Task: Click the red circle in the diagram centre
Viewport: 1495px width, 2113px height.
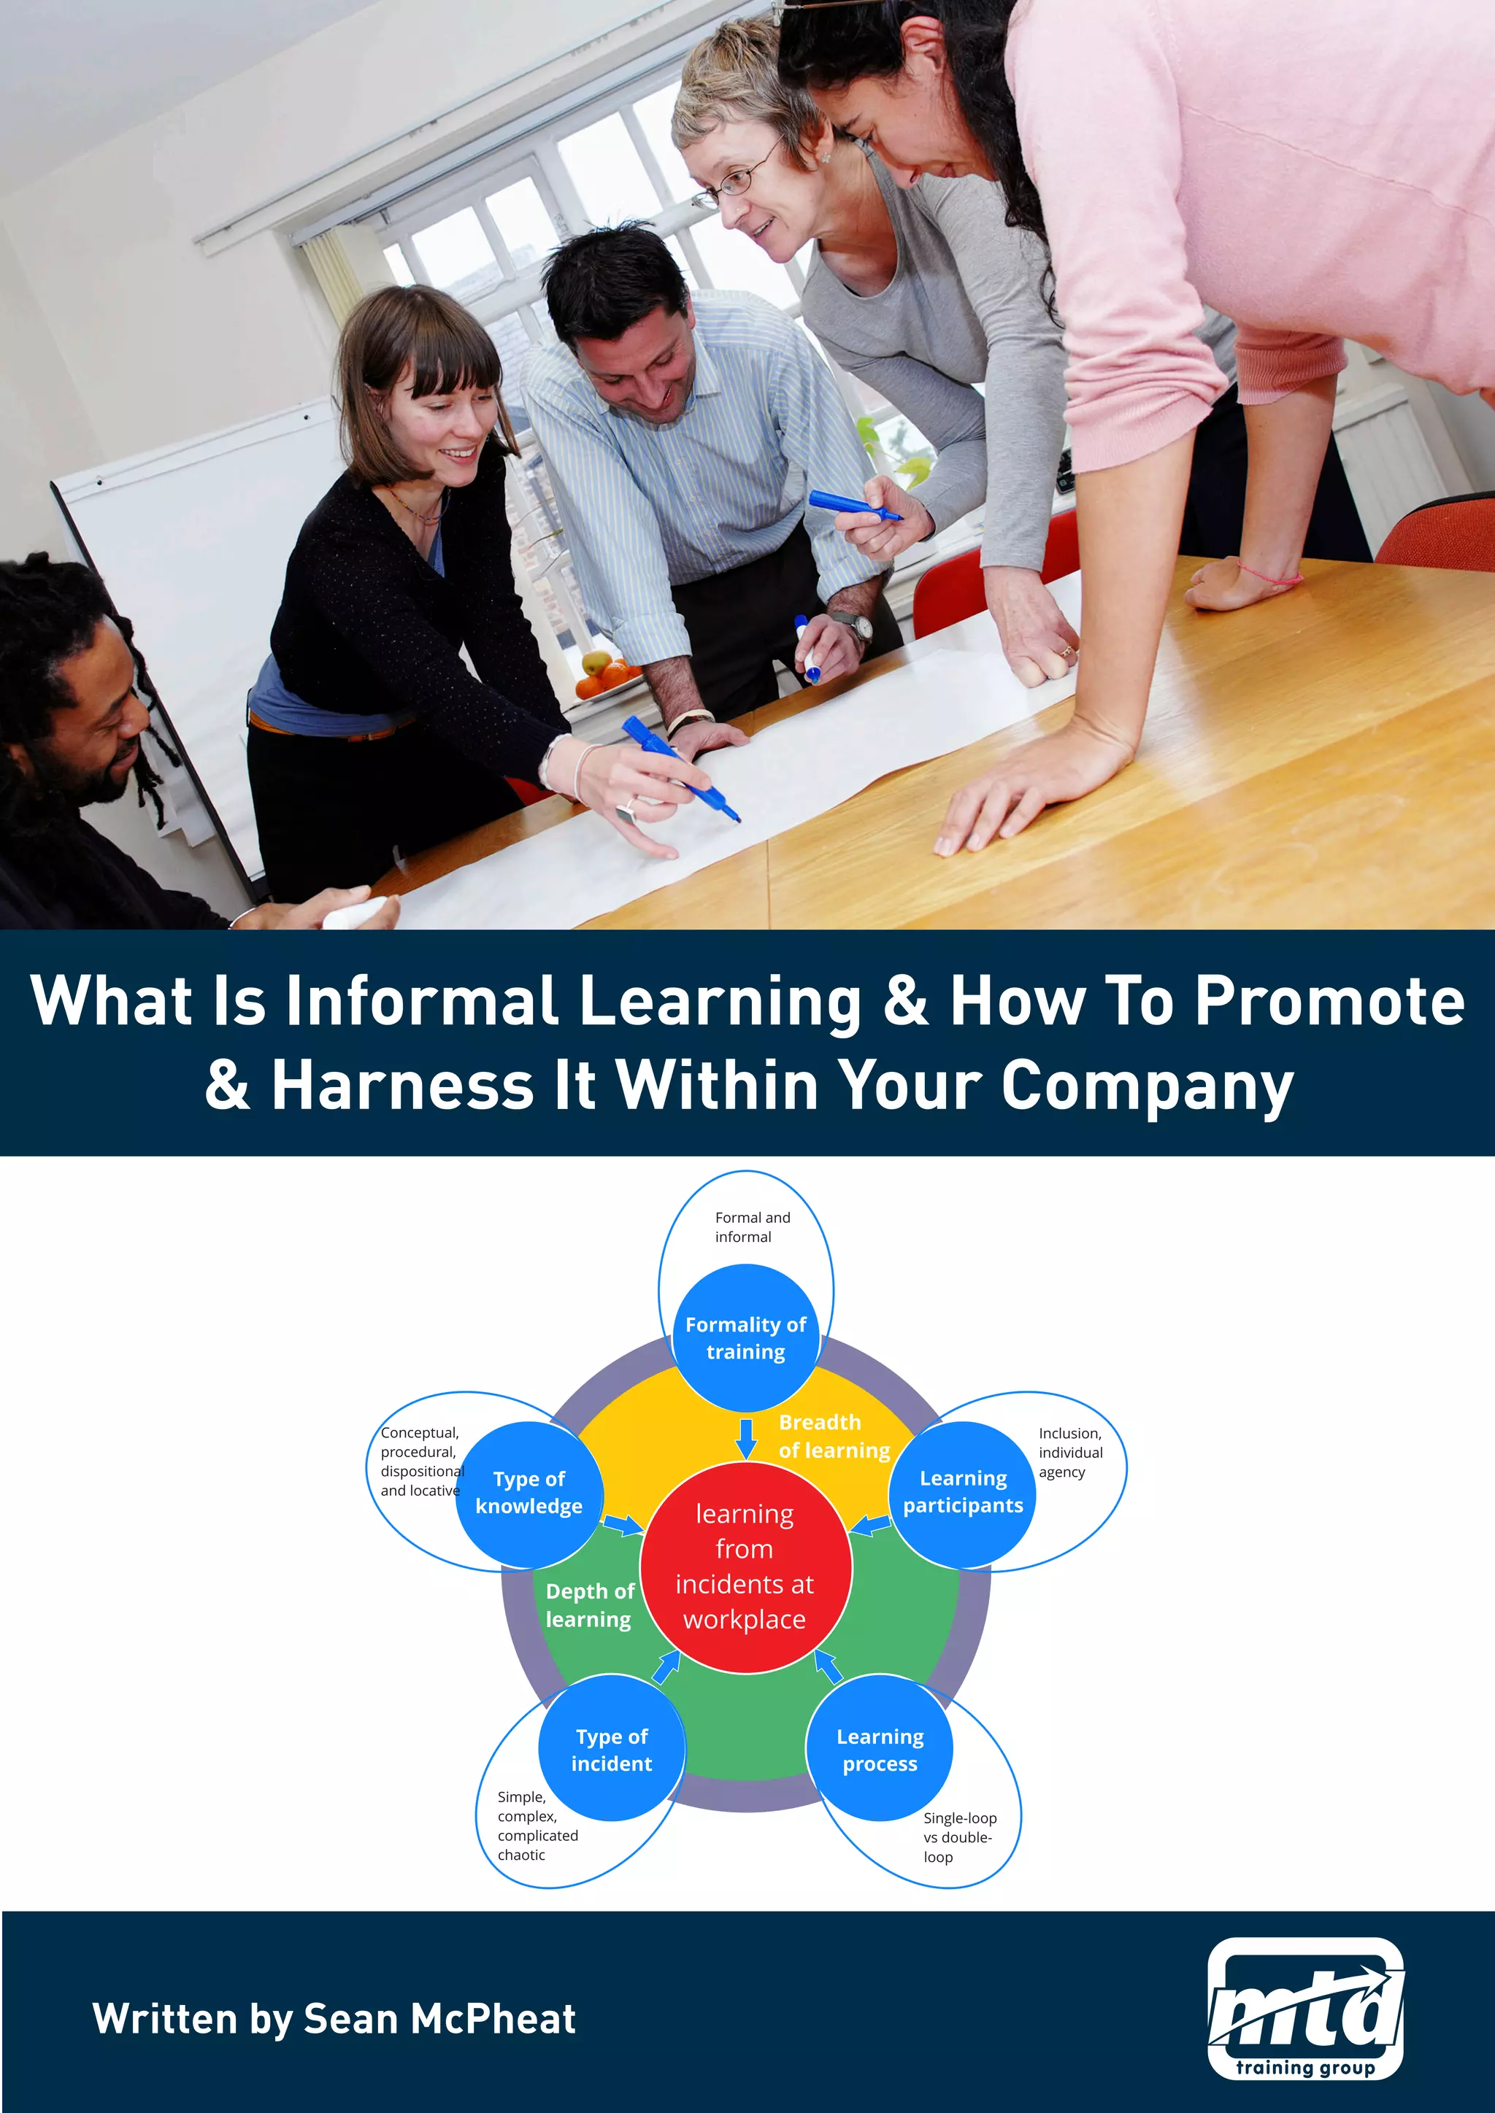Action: point(745,1567)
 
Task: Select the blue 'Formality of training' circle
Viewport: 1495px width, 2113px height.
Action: point(745,1337)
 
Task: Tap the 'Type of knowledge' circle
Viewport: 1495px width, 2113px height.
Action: point(529,1493)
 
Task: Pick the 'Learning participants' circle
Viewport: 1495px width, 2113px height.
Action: point(963,1492)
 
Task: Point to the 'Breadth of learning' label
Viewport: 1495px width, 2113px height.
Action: point(833,1436)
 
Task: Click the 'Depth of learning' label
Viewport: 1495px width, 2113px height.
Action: point(589,1605)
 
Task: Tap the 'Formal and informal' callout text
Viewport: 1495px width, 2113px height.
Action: point(751,1227)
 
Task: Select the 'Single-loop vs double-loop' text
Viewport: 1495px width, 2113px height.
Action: point(959,1837)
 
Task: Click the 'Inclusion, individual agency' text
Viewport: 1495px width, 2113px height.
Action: point(1069,1452)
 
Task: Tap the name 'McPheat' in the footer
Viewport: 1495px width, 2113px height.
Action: point(493,2018)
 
